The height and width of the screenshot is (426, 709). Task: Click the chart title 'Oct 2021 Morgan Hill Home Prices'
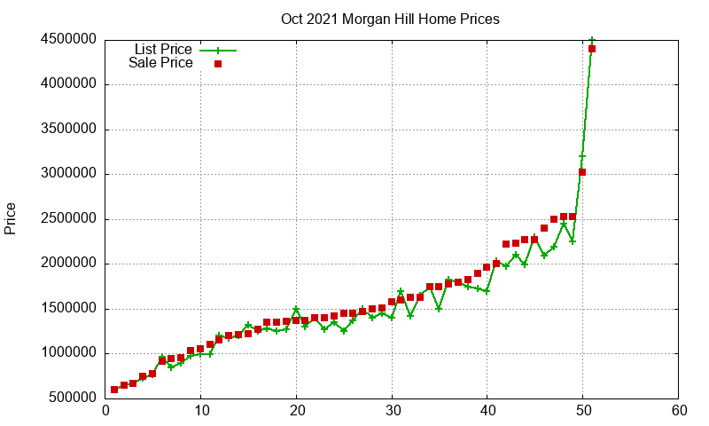[x=390, y=19]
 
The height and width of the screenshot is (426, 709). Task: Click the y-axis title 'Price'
[x=10, y=218]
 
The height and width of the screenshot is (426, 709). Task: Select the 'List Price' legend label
[x=163, y=49]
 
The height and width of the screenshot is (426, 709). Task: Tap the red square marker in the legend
[x=218, y=64]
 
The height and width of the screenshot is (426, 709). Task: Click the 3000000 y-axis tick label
[x=69, y=173]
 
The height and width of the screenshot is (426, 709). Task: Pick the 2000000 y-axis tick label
[x=69, y=263]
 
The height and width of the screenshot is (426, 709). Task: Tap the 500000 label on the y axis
[x=73, y=398]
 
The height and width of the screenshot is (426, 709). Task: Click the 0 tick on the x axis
[x=105, y=411]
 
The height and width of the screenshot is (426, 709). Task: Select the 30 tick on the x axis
[x=393, y=411]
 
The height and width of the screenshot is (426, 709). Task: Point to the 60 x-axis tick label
[x=679, y=411]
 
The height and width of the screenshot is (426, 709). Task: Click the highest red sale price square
[x=592, y=49]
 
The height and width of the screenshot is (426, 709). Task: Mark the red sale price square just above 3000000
[x=582, y=172]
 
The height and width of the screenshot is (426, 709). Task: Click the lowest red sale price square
[x=114, y=390]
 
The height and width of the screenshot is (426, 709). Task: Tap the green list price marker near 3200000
[x=582, y=156]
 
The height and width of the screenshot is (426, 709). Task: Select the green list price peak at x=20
[x=296, y=309]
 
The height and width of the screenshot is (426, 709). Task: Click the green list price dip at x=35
[x=439, y=309]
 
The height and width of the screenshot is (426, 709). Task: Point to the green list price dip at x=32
[x=410, y=316]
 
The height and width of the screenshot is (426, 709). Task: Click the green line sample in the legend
[x=218, y=51]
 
